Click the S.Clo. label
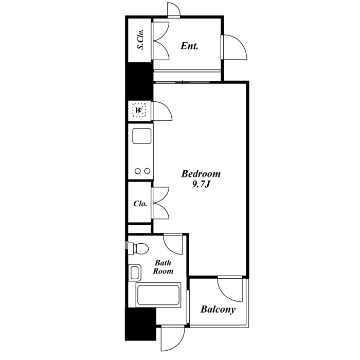140,39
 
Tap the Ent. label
189,46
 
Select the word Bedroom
201,174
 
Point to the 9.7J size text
201,185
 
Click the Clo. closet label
140,204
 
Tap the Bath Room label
163,267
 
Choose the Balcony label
218,310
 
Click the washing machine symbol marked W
139,111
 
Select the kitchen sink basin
141,136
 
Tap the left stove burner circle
137,171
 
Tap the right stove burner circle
147,171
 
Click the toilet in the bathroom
138,248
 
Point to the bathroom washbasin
135,273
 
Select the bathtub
158,295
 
